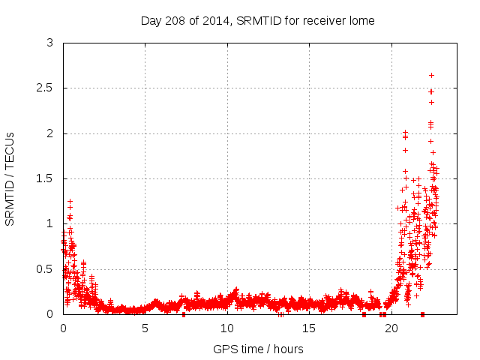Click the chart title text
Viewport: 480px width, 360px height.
tap(257, 20)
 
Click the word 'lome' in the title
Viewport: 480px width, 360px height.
tap(361, 20)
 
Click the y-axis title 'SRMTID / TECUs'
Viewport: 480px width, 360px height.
tap(10, 178)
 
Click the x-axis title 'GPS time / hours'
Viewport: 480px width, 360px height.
tap(258, 349)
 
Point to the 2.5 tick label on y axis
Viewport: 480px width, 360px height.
tap(46, 88)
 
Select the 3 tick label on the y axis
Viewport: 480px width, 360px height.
tap(50, 43)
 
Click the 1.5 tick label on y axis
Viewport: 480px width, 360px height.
tap(46, 178)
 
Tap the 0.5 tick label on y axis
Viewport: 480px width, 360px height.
tap(46, 268)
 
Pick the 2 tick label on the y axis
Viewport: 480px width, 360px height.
tap(50, 133)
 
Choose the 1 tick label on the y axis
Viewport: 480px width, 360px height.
tap(50, 223)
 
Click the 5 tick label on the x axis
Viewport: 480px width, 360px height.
tap(145, 328)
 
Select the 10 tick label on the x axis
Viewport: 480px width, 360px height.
tap(227, 328)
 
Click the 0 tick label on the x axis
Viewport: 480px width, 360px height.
tap(63, 328)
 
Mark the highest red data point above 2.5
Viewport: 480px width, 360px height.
tap(431, 75)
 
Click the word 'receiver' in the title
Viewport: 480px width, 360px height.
tap(325, 20)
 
